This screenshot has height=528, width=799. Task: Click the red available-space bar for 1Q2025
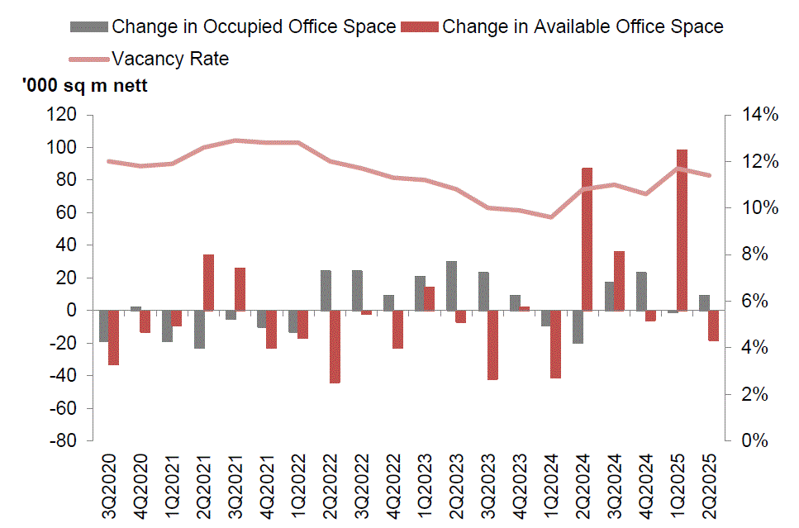click(682, 230)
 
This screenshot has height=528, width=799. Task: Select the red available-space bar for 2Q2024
click(587, 239)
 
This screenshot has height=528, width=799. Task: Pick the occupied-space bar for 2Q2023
click(451, 286)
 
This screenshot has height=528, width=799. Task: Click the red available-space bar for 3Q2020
click(114, 337)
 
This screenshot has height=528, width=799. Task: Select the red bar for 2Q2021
click(208, 283)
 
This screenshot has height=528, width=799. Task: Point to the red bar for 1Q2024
click(555, 344)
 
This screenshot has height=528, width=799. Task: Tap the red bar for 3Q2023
click(492, 345)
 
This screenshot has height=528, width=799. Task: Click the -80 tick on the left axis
click(64, 441)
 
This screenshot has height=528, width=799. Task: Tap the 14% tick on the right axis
click(758, 115)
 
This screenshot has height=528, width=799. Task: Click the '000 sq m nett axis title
click(85, 86)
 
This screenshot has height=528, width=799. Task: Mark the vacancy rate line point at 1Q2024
click(551, 217)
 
